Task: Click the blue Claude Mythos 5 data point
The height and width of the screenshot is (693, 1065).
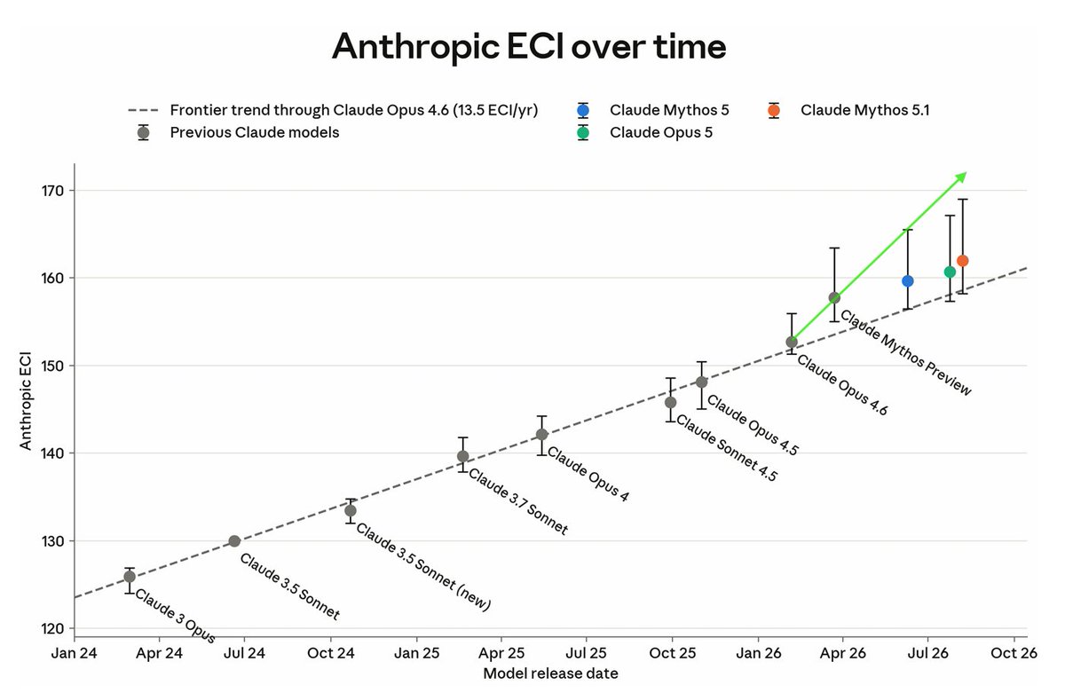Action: [908, 281]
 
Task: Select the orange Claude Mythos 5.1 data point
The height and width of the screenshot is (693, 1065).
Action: [963, 261]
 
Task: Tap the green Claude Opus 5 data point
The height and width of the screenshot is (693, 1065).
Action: [950, 272]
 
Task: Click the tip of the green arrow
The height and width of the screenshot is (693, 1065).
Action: [967, 172]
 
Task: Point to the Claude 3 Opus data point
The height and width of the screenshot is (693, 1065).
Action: [130, 577]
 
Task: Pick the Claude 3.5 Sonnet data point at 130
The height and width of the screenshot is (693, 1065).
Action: [234, 541]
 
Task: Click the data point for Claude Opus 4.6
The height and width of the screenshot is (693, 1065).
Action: [792, 343]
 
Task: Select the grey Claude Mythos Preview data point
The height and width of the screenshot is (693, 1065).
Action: [834, 298]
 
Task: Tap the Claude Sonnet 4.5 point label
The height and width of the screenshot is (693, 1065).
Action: [727, 448]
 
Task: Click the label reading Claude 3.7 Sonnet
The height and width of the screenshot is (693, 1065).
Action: [518, 502]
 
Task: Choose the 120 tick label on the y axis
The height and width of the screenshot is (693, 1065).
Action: [52, 629]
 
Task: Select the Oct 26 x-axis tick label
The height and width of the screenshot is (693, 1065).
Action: [1014, 654]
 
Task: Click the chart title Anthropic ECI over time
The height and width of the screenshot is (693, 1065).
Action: [529, 46]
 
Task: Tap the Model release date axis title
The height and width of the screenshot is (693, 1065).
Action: [550, 673]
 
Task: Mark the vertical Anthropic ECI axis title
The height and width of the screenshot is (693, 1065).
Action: [25, 400]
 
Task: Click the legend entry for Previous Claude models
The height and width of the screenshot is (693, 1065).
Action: [255, 132]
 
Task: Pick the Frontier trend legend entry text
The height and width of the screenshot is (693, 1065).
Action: [354, 110]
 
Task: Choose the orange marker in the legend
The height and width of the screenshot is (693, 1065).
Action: [774, 111]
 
